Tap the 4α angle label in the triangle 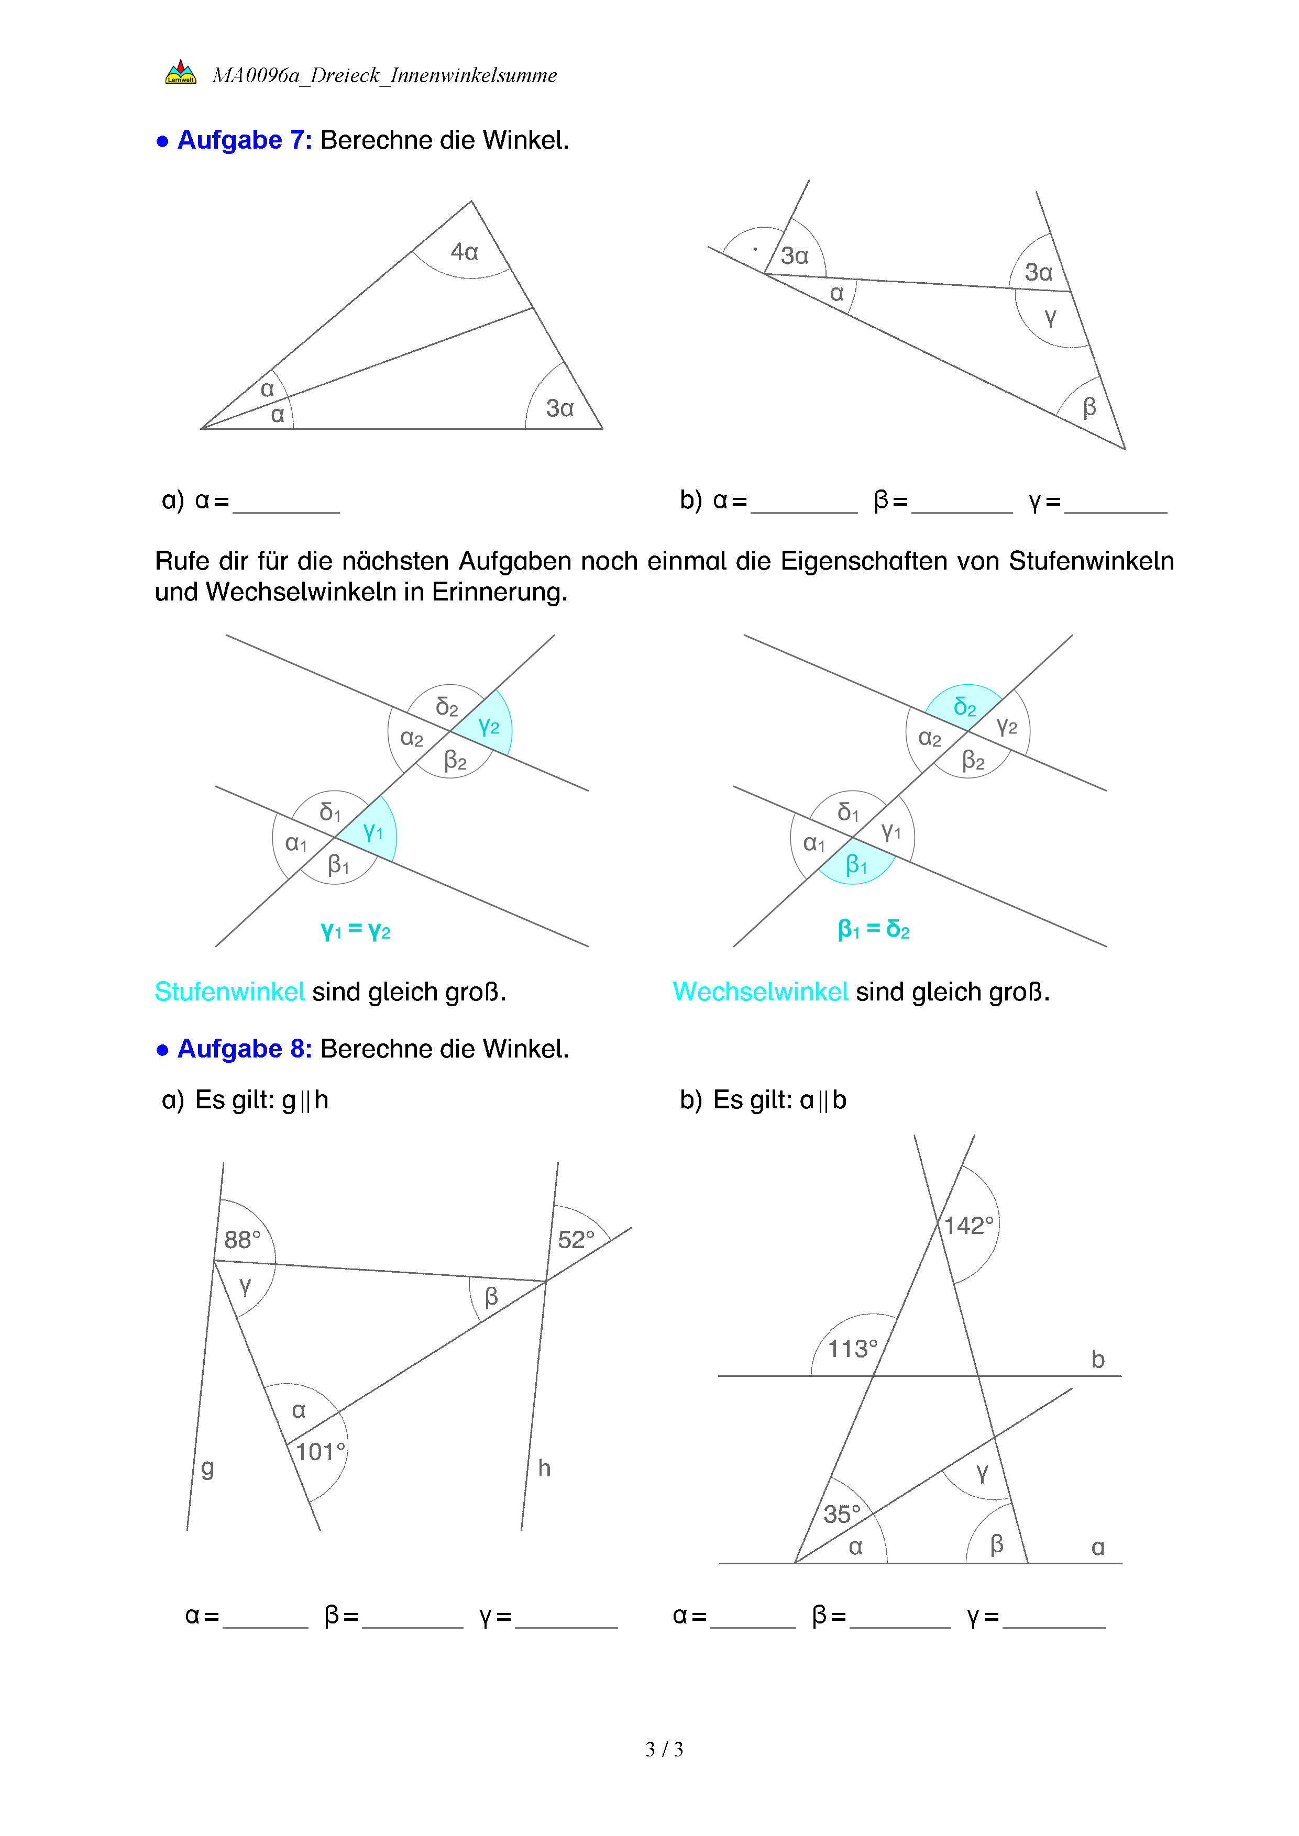[464, 252]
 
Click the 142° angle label [968, 1225]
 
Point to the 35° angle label [842, 1513]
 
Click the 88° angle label [241, 1240]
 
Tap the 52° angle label [576, 1240]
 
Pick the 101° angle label [320, 1451]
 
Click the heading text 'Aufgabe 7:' [245, 140]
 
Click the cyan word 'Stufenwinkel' [229, 992]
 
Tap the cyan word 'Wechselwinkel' [760, 992]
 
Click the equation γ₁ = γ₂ [355, 930]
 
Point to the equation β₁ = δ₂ [874, 929]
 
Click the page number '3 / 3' [664, 1749]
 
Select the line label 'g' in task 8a [207, 1467]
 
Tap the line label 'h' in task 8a [544, 1468]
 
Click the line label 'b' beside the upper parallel [1097, 1360]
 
